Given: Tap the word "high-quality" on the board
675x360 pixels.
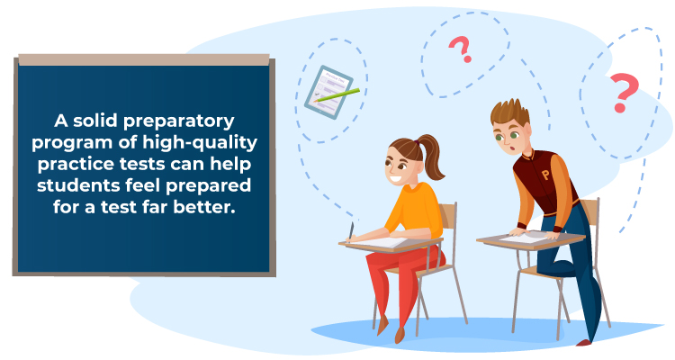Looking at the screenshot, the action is point(200,143).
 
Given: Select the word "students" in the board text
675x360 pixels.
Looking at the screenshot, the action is point(78,185).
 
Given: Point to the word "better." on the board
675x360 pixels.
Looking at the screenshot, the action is point(204,207).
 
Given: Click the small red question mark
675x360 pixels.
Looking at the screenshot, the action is point(461,49).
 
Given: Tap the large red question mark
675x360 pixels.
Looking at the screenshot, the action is point(623,92).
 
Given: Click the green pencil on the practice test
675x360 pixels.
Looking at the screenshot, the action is point(337,95).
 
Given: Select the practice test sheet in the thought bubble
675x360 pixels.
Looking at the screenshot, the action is point(328,92).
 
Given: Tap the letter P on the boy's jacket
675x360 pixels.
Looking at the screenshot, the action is point(545,175).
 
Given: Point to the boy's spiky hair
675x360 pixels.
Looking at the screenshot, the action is point(510,112).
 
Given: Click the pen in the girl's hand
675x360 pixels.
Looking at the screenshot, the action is point(351,230).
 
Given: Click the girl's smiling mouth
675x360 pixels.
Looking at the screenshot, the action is point(396,178).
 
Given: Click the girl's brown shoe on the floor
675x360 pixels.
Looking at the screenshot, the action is point(400,335).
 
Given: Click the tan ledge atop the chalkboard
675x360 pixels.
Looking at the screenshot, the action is point(144,60).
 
